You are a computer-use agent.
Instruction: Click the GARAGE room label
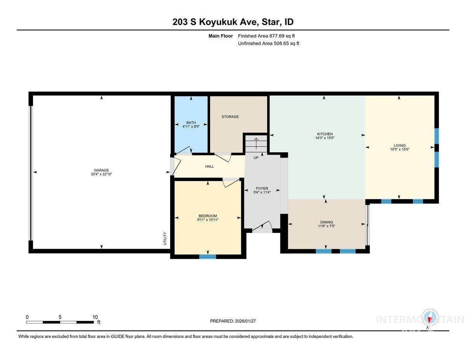point(101,170)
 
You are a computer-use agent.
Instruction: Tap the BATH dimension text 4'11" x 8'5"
point(191,127)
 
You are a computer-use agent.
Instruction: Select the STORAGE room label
point(230,117)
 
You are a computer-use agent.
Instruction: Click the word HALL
point(209,167)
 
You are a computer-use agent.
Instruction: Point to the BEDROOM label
point(208,216)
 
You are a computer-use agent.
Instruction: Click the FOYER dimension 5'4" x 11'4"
point(262,193)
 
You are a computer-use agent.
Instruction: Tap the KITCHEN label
point(324,134)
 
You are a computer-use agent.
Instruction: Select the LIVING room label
point(400,146)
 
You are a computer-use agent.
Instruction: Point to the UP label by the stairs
point(256,158)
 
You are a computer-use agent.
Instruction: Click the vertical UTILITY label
point(165,238)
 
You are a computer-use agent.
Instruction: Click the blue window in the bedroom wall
point(207,256)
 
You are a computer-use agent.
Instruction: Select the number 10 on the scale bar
point(95,317)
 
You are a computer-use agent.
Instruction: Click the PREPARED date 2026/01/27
point(233,321)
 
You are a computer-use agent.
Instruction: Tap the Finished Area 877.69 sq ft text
point(269,36)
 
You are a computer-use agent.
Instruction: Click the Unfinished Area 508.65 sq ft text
point(268,43)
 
